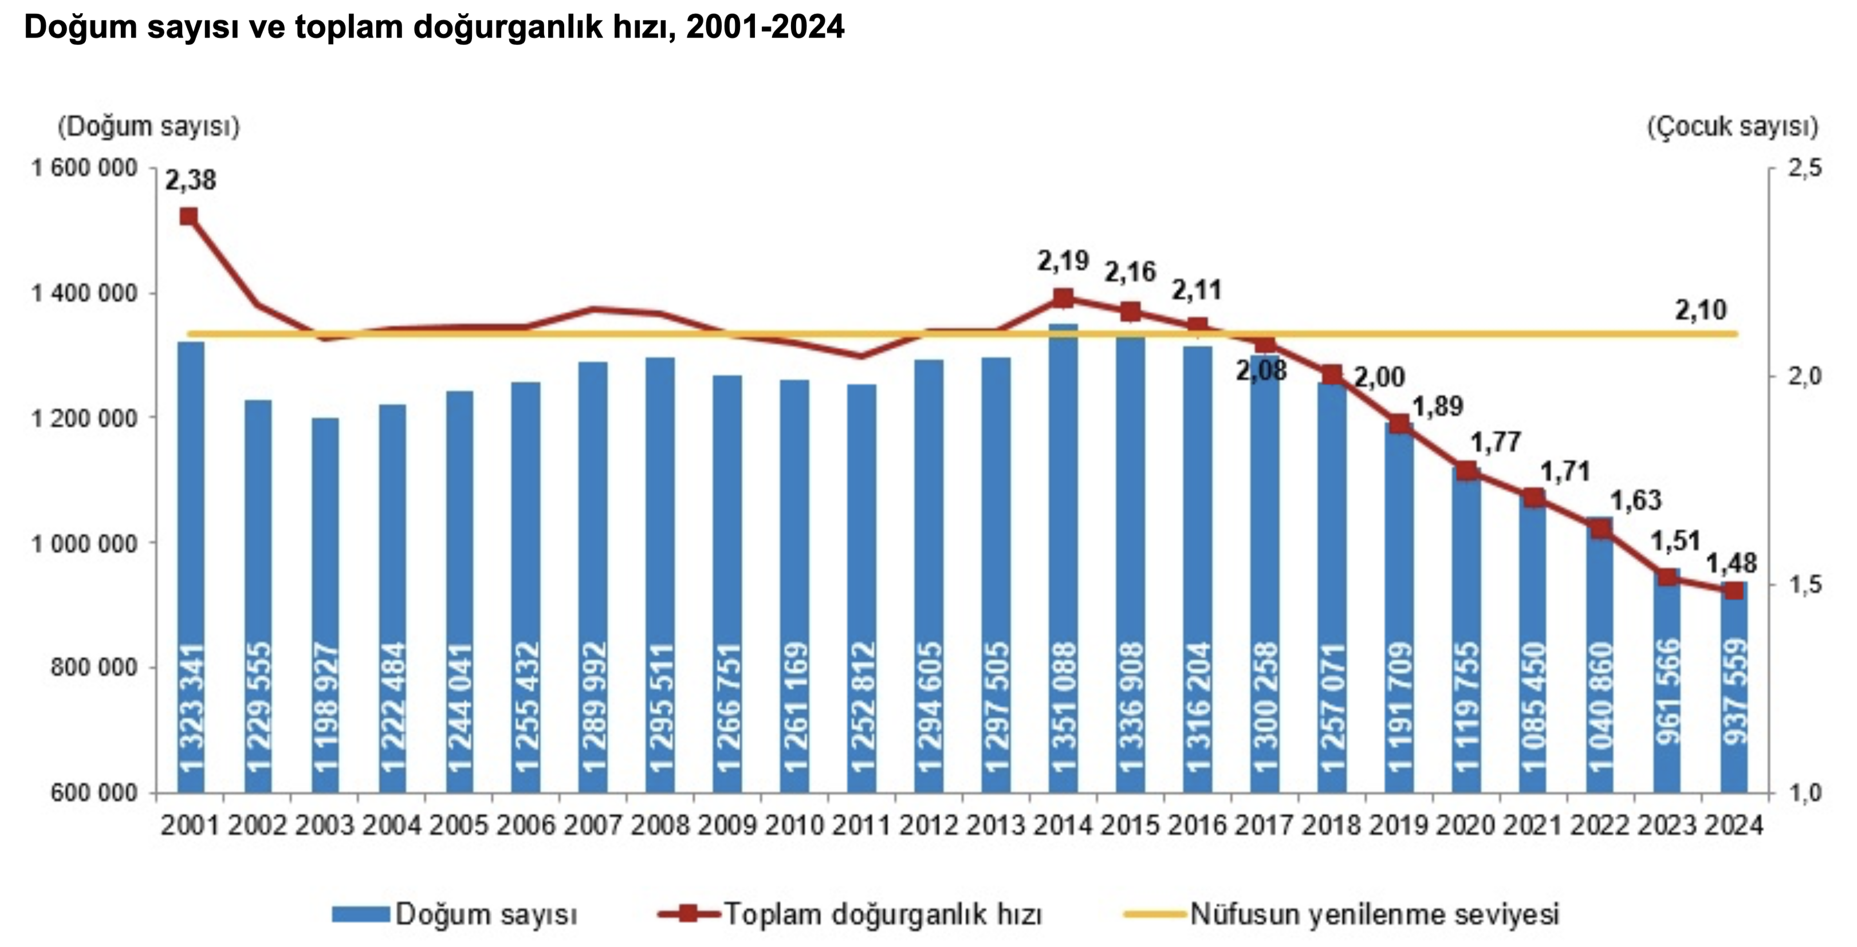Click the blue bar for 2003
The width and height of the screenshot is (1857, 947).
click(x=325, y=605)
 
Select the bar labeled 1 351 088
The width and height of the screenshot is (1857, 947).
click(x=1063, y=562)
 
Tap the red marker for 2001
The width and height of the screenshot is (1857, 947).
click(x=189, y=217)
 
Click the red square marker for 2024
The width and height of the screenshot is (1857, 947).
click(x=1734, y=590)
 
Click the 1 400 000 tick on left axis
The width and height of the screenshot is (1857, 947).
click(x=84, y=293)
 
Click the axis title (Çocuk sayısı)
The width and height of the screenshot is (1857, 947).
click(x=1732, y=127)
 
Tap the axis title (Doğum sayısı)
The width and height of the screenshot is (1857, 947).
click(x=148, y=127)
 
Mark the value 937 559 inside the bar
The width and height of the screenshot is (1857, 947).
click(x=1734, y=692)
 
